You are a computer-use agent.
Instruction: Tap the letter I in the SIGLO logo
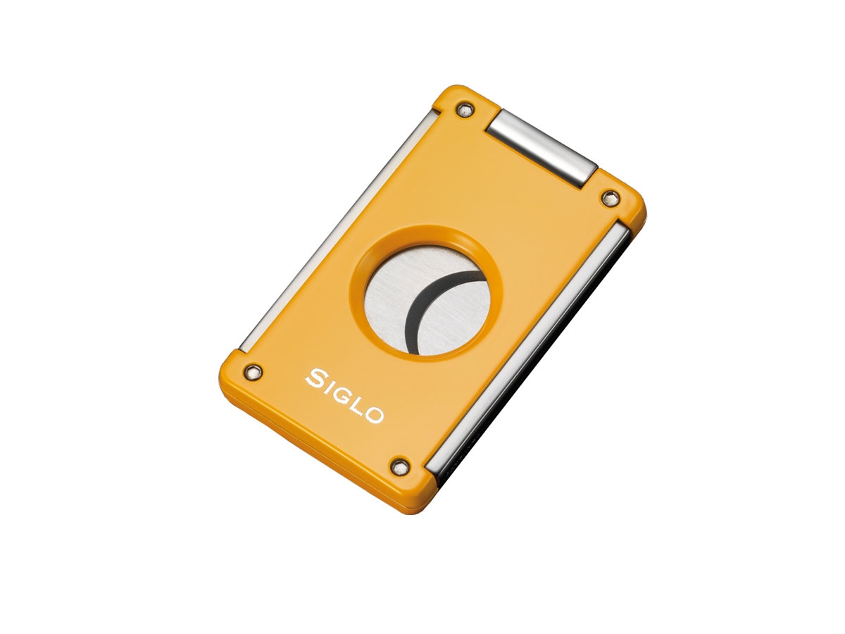pos(331,387)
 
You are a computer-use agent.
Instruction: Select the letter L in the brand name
pos(360,406)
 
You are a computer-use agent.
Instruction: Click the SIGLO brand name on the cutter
pos(345,396)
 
